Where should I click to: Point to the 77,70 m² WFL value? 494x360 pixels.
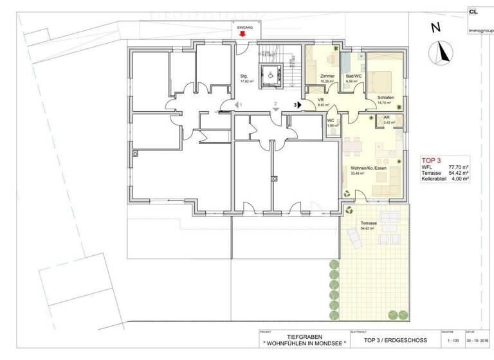click(x=458, y=166)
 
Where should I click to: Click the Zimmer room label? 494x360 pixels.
click(x=327, y=76)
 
